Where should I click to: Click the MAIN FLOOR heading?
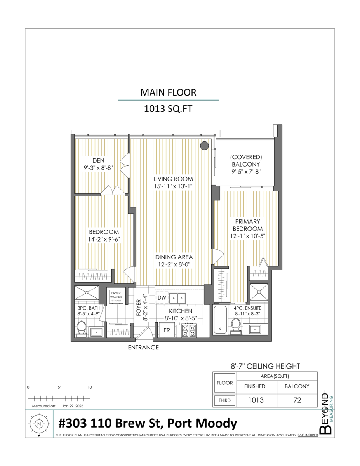click(x=168, y=92)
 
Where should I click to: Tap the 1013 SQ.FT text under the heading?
click(x=168, y=109)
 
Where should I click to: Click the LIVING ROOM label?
click(x=173, y=179)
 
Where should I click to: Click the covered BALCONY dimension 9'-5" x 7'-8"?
click(x=246, y=171)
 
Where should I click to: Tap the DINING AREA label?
click(x=174, y=257)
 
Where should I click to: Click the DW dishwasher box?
click(x=162, y=298)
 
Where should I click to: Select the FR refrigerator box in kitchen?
click(x=166, y=331)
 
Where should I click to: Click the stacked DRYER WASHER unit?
click(x=117, y=297)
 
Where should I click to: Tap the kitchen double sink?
click(x=178, y=298)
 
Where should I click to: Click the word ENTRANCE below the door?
click(x=143, y=348)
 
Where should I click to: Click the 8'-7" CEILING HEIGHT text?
click(x=265, y=366)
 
